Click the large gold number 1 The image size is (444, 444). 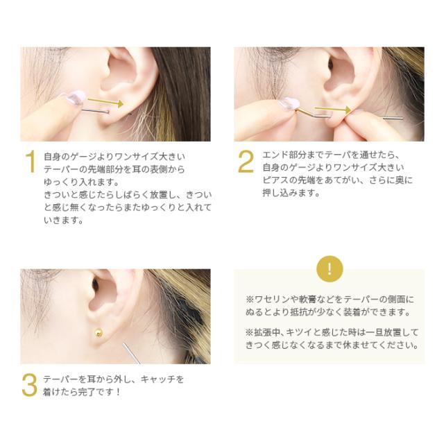click(29, 162)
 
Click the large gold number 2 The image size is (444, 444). click(246, 162)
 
